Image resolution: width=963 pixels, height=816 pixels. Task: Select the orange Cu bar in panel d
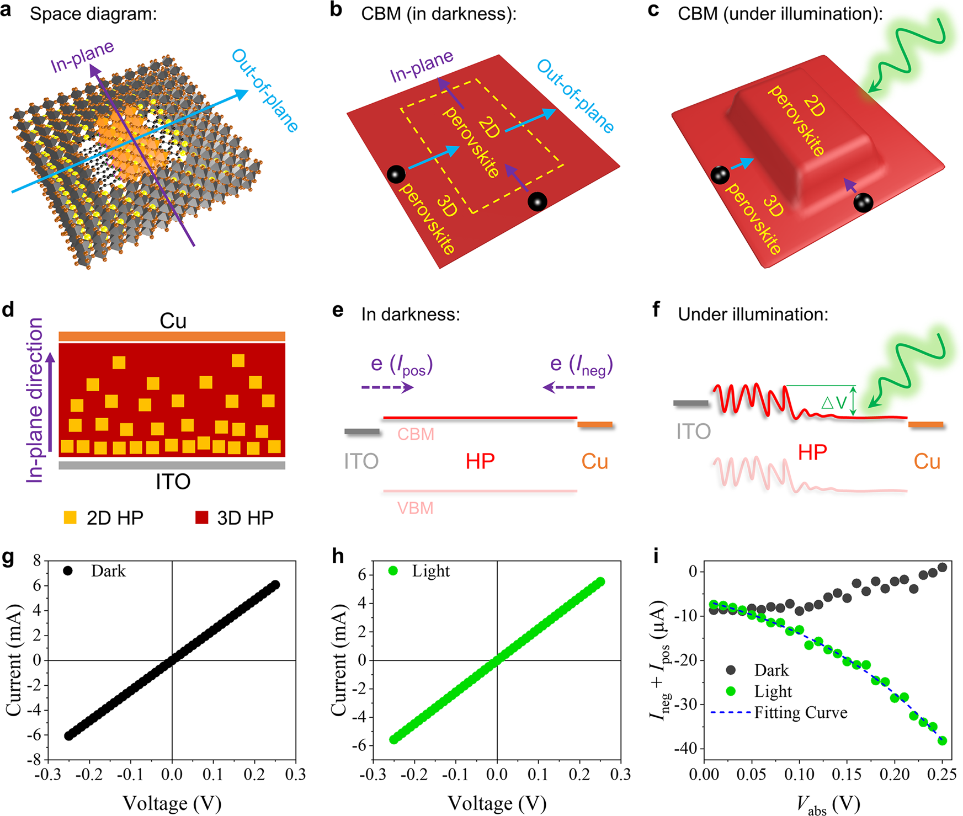(x=172, y=337)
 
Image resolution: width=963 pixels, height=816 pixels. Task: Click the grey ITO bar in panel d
(x=172, y=465)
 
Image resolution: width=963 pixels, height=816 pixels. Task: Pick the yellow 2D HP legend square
(x=70, y=518)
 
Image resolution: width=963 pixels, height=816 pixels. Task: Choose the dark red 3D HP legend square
(x=201, y=518)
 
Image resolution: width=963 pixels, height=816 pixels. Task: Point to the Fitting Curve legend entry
(x=800, y=712)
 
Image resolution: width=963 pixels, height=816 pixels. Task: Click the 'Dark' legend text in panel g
(x=108, y=571)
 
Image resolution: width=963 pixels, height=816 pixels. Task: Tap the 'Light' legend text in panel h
(x=430, y=571)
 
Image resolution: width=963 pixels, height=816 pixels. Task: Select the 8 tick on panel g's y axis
(x=37, y=561)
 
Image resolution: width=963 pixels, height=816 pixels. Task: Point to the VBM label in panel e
(x=415, y=508)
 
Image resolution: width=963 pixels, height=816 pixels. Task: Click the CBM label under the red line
(x=416, y=434)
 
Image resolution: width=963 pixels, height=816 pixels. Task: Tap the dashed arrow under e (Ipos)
(x=387, y=388)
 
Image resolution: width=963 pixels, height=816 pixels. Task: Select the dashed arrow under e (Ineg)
(x=569, y=388)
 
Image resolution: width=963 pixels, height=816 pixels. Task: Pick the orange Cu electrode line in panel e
(x=595, y=424)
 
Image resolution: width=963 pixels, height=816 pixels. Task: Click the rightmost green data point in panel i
(x=942, y=740)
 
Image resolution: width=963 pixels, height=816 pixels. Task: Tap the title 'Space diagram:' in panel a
(x=93, y=14)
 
